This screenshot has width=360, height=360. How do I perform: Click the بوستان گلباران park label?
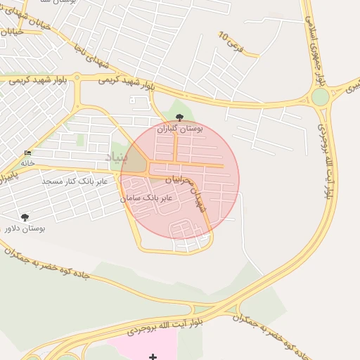(180, 129)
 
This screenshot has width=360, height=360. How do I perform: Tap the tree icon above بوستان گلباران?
(180, 117)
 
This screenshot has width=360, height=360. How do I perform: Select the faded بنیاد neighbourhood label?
(117, 157)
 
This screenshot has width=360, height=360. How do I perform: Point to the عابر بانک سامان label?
(146, 199)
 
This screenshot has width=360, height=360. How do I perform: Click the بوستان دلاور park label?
(24, 229)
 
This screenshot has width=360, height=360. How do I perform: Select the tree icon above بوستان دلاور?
(25, 218)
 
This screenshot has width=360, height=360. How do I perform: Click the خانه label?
(27, 162)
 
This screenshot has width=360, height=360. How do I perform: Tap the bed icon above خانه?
(28, 153)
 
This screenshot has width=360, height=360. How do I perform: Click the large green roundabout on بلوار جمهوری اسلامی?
(320, 97)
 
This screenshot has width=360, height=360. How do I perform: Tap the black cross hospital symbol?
(153, 357)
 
